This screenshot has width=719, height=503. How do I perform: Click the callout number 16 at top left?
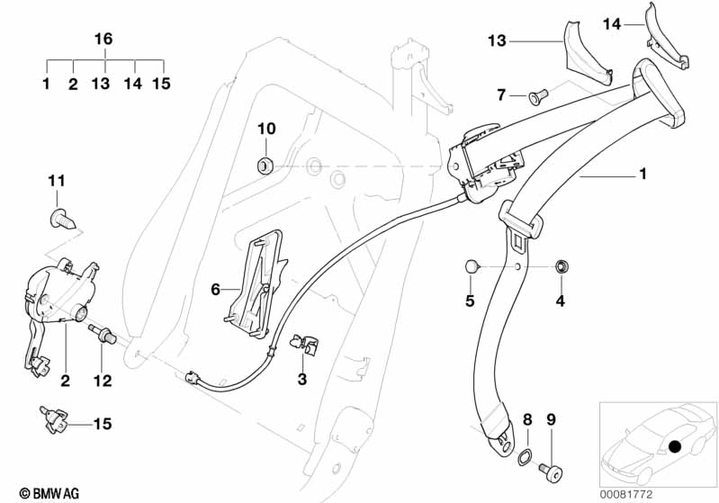[104, 39]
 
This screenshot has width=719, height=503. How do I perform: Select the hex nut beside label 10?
[265, 165]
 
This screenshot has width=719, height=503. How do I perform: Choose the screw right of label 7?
[536, 93]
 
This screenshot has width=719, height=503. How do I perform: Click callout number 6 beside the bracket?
[215, 289]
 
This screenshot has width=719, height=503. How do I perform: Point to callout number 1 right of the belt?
[643, 175]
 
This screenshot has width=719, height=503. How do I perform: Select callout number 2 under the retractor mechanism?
[65, 381]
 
